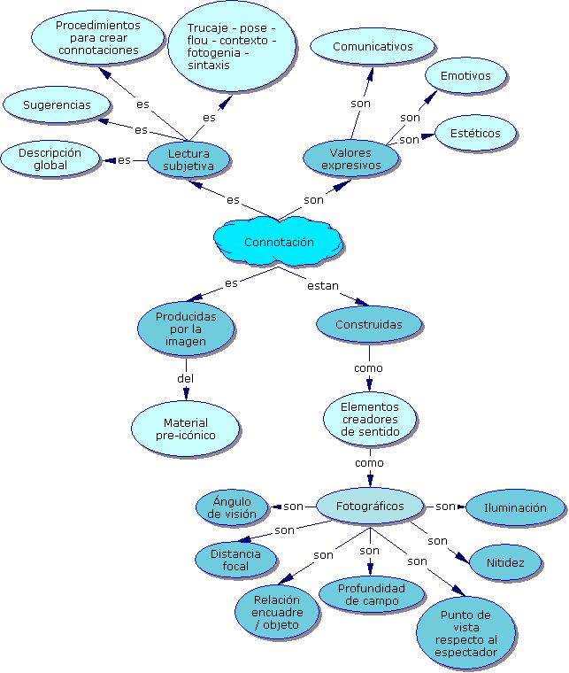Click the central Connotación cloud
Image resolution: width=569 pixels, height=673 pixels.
pyautogui.click(x=278, y=242)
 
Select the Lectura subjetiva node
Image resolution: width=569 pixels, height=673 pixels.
pyautogui.click(x=188, y=159)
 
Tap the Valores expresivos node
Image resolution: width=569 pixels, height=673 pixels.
pyautogui.click(x=350, y=159)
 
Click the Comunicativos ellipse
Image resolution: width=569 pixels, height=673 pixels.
pyautogui.click(x=373, y=47)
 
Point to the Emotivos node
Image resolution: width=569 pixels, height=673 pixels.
pyautogui.click(x=465, y=76)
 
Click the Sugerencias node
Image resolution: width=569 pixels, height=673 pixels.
pyautogui.click(x=57, y=105)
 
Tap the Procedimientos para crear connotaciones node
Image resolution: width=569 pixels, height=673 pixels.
pyautogui.click(x=97, y=38)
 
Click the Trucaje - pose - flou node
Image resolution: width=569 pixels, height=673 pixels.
pyautogui.click(x=231, y=47)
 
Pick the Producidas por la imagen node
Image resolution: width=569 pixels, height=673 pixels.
pyautogui.click(x=186, y=329)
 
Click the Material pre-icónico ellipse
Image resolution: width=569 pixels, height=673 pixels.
pyautogui.click(x=186, y=429)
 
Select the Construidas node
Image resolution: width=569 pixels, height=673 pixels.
pyautogui.click(x=368, y=324)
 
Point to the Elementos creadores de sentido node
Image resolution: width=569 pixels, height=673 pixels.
pyautogui.click(x=369, y=420)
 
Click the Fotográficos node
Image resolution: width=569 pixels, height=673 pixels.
pyautogui.click(x=370, y=506)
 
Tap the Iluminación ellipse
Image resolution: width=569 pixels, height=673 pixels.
pyautogui.click(x=515, y=508)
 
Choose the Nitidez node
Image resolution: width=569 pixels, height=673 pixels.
pyautogui.click(x=504, y=562)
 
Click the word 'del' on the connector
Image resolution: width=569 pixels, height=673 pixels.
pyautogui.click(x=185, y=378)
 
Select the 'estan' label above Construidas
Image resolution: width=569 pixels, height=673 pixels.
pyautogui.click(x=323, y=285)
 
